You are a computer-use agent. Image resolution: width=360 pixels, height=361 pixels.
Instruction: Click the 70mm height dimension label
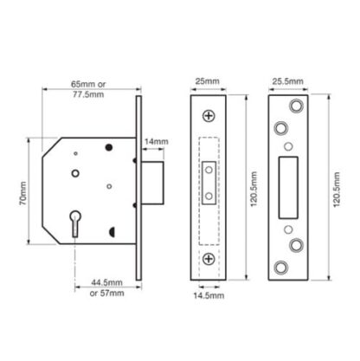click(x=22, y=193)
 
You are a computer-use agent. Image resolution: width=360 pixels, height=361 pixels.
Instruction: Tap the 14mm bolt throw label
click(x=156, y=142)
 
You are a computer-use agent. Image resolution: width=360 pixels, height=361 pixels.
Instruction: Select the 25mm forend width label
click(x=208, y=81)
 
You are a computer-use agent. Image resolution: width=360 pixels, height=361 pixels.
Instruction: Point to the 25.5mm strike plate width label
click(x=288, y=81)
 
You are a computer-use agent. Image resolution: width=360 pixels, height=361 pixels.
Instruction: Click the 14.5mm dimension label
click(x=209, y=295)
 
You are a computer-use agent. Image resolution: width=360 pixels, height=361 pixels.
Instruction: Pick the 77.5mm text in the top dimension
click(x=88, y=94)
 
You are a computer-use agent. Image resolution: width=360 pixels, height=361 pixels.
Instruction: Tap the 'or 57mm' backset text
click(x=107, y=293)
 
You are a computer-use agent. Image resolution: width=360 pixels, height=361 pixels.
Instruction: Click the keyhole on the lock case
click(x=75, y=223)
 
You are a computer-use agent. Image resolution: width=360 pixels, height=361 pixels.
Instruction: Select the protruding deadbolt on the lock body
click(x=152, y=183)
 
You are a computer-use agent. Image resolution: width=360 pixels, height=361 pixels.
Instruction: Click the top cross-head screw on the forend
click(x=209, y=116)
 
